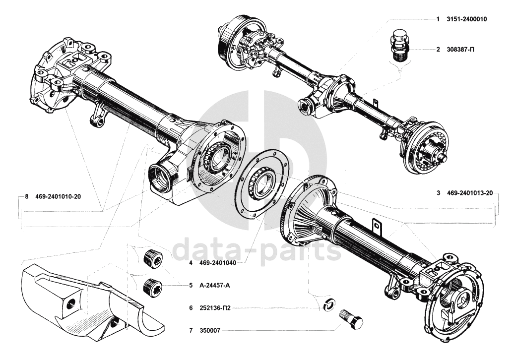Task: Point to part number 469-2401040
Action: tap(218, 263)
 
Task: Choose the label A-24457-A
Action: tap(215, 286)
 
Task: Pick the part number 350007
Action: tap(209, 329)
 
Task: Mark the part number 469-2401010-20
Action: tap(58, 196)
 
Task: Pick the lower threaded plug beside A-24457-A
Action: tap(150, 287)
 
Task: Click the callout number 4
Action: tap(191, 263)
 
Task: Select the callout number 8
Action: tap(26, 196)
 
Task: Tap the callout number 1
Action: tap(438, 19)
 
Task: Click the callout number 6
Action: tap(191, 308)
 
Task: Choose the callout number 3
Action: tap(439, 193)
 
